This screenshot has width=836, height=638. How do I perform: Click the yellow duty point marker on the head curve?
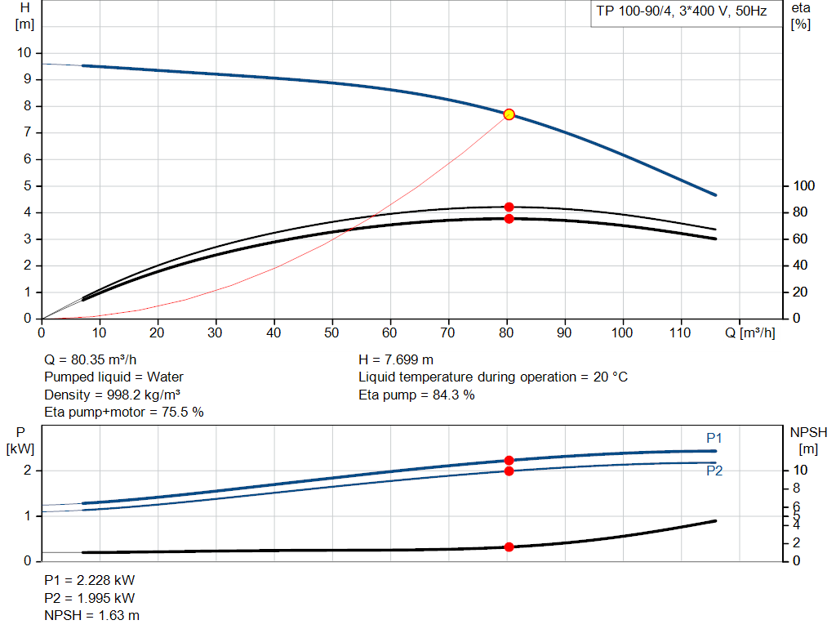(x=509, y=114)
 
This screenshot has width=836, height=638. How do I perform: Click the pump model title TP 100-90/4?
(x=682, y=13)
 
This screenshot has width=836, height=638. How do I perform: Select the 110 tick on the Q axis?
(x=681, y=332)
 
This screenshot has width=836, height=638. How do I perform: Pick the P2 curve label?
(x=714, y=471)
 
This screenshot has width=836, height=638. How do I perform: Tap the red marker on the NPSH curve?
(x=509, y=547)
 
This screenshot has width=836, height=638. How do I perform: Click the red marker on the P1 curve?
(x=509, y=461)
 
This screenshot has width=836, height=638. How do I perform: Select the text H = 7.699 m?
(x=396, y=359)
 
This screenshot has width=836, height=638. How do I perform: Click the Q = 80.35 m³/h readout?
(x=91, y=359)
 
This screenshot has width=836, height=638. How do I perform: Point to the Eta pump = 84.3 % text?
(x=416, y=395)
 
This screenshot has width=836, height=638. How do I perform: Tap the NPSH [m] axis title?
(x=808, y=439)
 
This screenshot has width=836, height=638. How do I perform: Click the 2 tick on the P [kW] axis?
(x=26, y=471)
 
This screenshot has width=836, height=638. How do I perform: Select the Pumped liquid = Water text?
(x=113, y=377)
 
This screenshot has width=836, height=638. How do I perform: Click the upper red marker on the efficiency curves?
(x=509, y=207)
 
